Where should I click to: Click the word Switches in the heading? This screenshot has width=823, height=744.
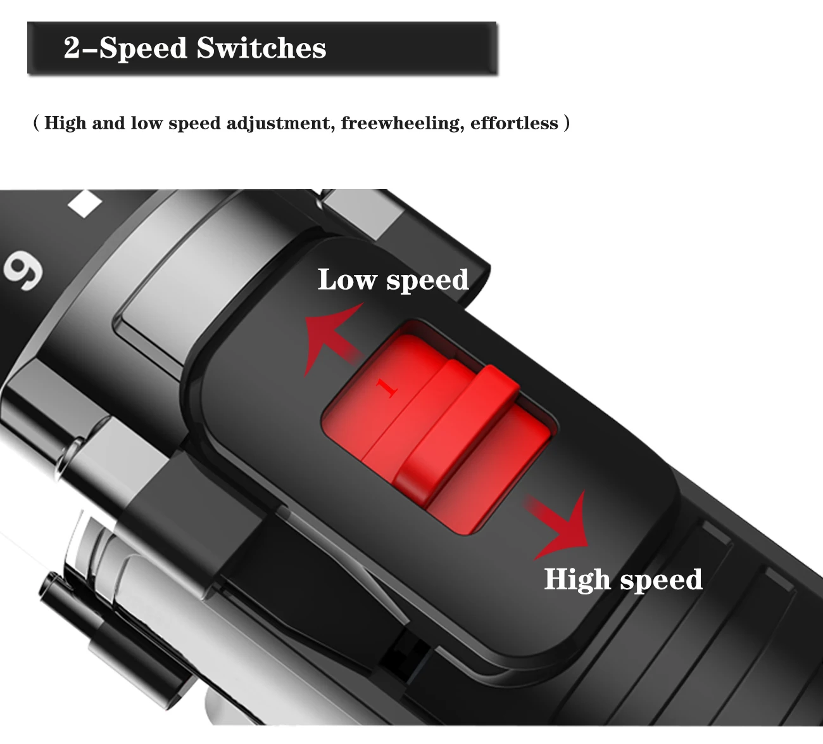261,48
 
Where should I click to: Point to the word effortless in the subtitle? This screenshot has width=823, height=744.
514,122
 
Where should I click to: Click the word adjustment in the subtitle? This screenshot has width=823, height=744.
280,124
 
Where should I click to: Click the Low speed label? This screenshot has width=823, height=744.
393,279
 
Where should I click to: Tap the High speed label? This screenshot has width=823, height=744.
623,579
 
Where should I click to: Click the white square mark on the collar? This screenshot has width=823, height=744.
85,203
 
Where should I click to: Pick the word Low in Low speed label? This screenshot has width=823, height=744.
346,279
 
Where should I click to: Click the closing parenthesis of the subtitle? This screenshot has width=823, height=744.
566,123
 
